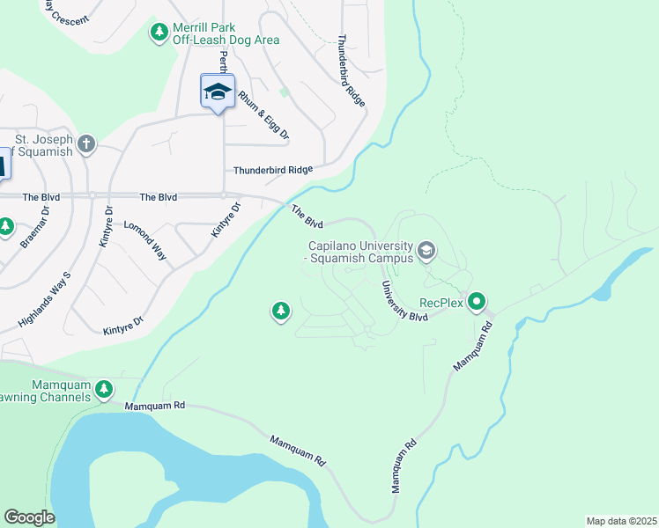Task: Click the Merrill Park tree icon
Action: [159, 33]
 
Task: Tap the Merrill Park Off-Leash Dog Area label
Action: [226, 33]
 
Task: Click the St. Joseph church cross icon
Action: [85, 143]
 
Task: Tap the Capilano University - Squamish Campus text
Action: [359, 253]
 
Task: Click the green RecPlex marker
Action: [478, 303]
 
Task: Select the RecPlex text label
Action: [441, 303]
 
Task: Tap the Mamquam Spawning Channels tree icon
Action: [104, 388]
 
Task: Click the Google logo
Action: [29, 517]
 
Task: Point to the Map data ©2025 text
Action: [620, 521]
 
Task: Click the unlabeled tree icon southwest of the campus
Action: [281, 311]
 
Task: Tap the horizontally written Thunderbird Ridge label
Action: [272, 170]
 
